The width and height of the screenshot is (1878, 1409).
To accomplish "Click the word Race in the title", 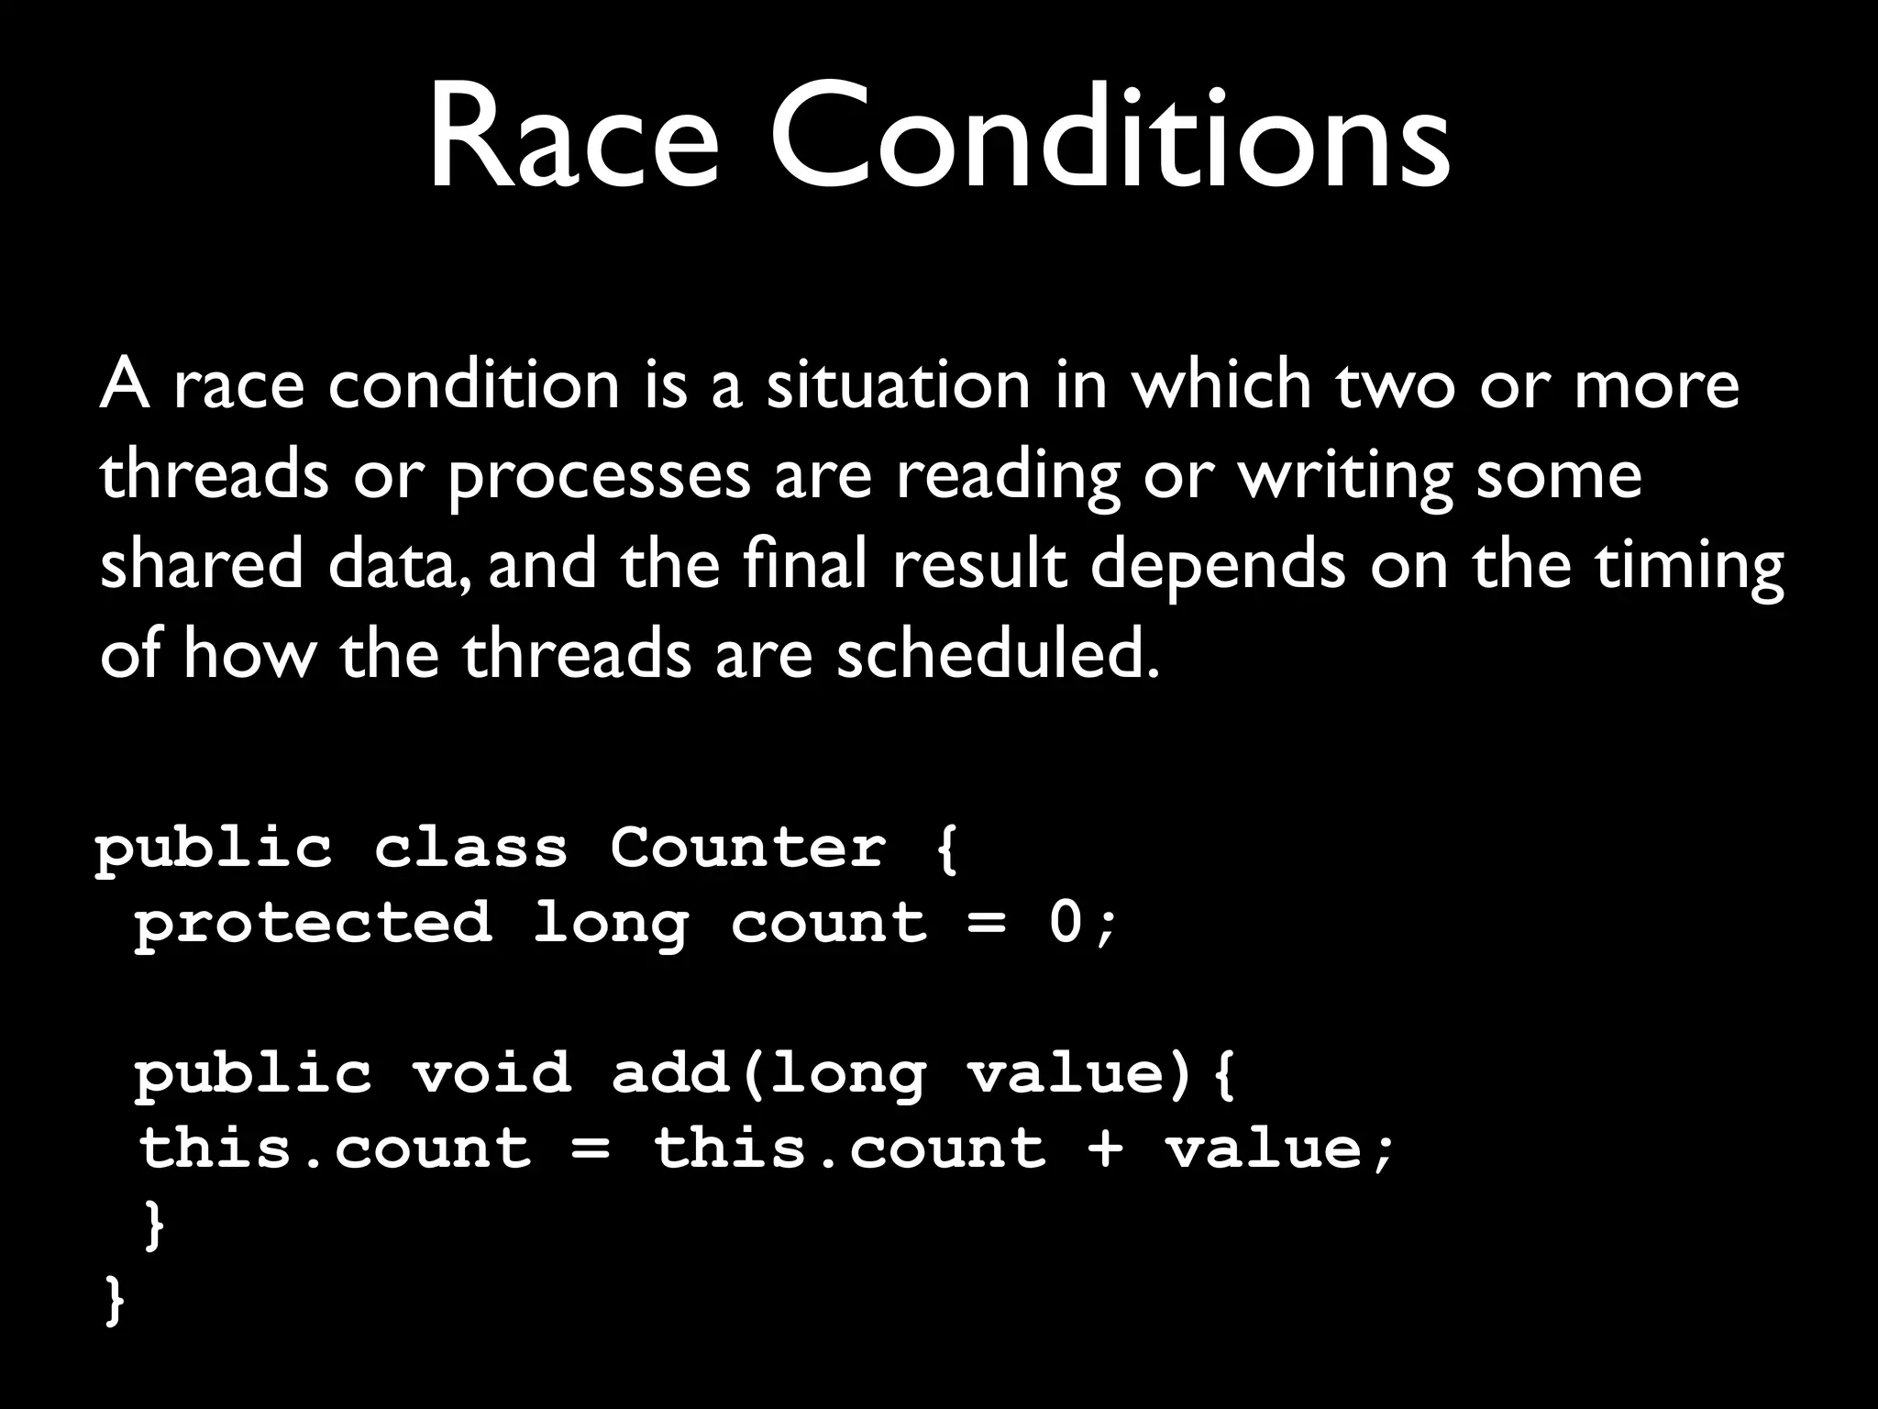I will [572, 138].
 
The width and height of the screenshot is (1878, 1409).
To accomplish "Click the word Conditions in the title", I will [1109, 138].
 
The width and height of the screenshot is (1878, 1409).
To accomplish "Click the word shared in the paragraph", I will [201, 565].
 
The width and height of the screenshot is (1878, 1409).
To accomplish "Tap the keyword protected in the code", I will [313, 922].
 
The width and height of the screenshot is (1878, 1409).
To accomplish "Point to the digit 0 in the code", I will [1066, 922].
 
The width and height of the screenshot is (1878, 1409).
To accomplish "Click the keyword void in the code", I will [491, 1071].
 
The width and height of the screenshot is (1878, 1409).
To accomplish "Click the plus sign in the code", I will [1105, 1148].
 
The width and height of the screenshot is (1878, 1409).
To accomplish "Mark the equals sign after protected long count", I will [987, 923].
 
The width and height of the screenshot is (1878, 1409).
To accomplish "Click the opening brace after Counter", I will [946, 848].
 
